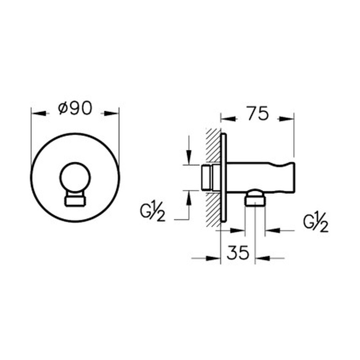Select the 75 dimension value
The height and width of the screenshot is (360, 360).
tap(258, 113)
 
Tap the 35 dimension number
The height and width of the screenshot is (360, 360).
tap(238, 252)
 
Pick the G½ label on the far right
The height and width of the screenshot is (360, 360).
tap(316, 224)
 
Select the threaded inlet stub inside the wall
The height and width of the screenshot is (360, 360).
tap(207, 177)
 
